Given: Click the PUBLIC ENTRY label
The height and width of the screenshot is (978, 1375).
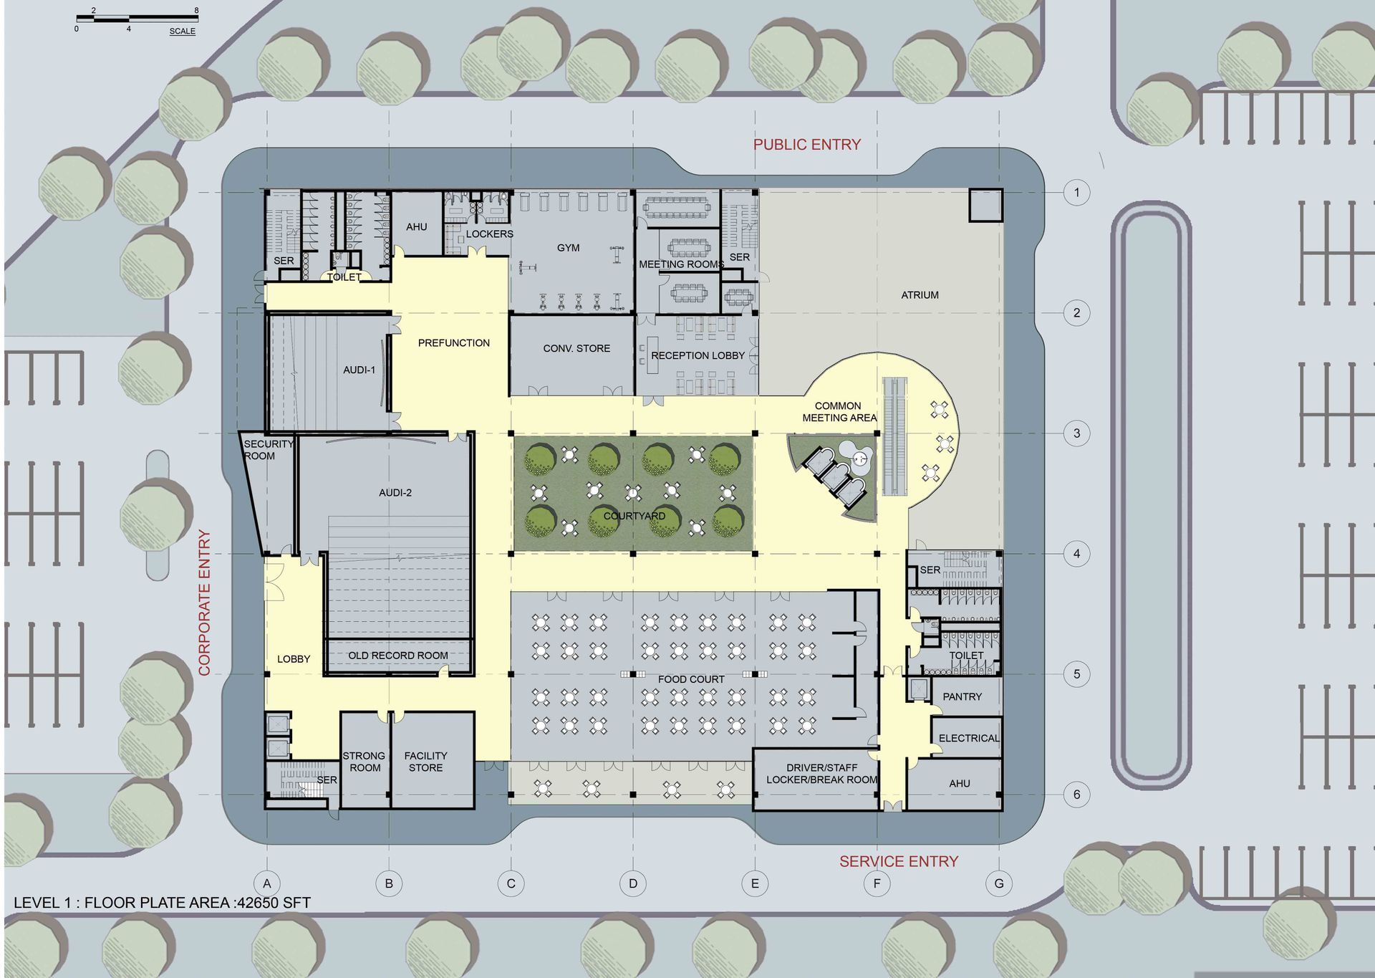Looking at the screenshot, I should point(806,145).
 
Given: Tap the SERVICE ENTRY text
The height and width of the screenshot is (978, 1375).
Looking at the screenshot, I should point(898,861).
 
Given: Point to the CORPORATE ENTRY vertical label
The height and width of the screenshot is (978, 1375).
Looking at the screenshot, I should point(205,603).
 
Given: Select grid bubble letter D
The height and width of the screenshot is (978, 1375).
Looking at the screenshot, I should point(633,883).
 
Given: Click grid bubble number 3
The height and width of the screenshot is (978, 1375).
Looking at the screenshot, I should point(1076,433).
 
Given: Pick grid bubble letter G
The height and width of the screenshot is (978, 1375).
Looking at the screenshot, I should point(999,883).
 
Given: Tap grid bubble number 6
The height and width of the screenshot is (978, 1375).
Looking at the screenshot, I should point(1076,794).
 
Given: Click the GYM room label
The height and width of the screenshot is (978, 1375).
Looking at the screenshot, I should point(568,248).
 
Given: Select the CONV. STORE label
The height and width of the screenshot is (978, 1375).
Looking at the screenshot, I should point(576,348).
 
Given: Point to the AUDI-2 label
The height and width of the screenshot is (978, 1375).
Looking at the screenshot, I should point(395,492).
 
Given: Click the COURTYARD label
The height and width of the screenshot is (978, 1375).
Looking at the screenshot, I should point(634,516).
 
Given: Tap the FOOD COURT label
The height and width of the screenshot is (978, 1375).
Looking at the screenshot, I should point(691,679).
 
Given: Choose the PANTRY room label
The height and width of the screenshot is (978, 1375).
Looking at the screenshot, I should point(962,696).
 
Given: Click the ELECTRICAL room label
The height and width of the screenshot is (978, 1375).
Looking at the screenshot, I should point(968,738).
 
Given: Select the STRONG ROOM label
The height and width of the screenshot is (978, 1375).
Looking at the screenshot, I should point(364,762).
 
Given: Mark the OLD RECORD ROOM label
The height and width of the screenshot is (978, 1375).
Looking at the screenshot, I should point(398,656).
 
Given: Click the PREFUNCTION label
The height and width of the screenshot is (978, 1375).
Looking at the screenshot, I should point(454,343).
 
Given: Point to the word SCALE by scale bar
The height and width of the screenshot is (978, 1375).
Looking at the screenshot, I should point(182,31).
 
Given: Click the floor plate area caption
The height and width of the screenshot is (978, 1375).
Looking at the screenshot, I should point(163,903).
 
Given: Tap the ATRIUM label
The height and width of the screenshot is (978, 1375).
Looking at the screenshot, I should point(920,294).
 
